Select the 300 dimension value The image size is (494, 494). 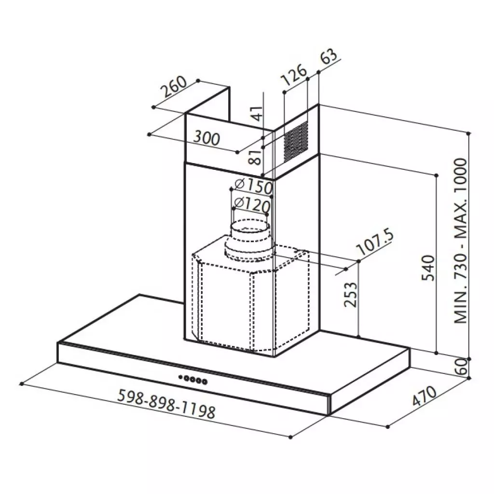[x=206, y=138]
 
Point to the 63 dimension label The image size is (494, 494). [x=329, y=57]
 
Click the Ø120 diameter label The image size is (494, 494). [x=251, y=206]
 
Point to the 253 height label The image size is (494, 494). [x=351, y=294]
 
